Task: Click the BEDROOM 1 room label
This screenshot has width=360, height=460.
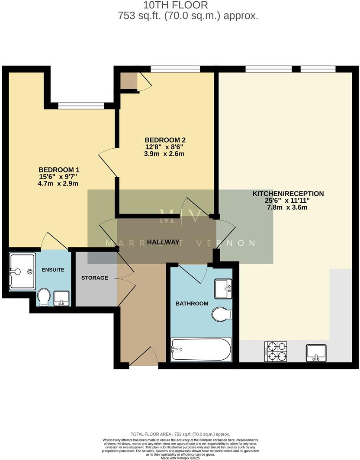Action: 59,169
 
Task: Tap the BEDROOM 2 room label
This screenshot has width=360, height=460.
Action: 165,140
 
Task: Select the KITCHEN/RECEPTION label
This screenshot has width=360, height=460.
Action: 288,194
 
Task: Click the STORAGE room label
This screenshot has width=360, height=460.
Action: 95,278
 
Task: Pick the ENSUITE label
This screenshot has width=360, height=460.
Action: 53,270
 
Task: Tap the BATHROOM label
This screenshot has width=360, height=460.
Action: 192,303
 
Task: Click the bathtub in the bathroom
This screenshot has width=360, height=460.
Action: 201,349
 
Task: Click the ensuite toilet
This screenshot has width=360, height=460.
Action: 44,297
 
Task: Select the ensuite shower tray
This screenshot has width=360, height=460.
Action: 22,272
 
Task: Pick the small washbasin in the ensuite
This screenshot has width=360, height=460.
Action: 61,299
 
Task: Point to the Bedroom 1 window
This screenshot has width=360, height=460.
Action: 81,105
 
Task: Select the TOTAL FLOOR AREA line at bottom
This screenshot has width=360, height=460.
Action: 180,434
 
